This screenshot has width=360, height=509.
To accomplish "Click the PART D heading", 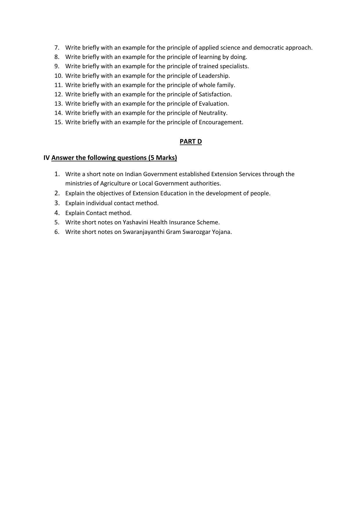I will (x=191, y=142).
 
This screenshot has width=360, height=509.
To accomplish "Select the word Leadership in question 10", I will (x=214, y=76).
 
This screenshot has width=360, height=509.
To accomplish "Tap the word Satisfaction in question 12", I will (x=215, y=94).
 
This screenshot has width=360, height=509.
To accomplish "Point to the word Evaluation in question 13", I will (x=214, y=104).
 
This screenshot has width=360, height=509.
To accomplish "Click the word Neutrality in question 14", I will (x=213, y=113).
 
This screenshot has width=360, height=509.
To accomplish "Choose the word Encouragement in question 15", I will (x=221, y=122).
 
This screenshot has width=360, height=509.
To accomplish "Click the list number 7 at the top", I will (x=57, y=48).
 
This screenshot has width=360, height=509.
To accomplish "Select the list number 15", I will (x=58, y=122).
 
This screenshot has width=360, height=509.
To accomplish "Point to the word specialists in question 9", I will (x=234, y=66).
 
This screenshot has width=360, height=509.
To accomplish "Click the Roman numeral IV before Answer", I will (x=46, y=158).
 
